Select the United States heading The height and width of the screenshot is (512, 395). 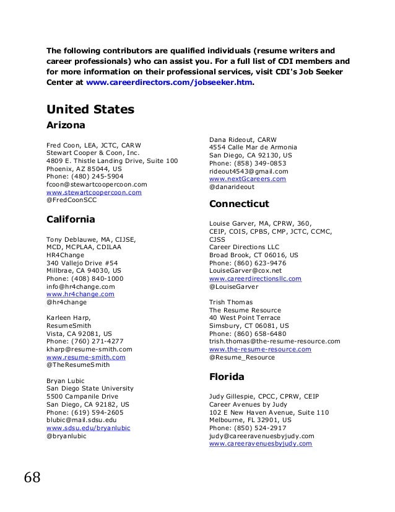[x=90, y=110]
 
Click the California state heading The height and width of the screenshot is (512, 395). [x=71, y=219]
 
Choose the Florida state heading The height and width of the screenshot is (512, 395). [x=227, y=376]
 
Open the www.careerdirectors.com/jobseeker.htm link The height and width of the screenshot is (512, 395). [x=170, y=82]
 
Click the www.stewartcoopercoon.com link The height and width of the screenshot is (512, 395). [x=94, y=193]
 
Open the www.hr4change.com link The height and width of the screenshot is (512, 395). [x=80, y=294]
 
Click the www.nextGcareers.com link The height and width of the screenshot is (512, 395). [x=248, y=179]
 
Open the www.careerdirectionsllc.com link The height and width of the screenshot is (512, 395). [x=255, y=279]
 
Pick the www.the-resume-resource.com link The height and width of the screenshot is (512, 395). [x=259, y=350]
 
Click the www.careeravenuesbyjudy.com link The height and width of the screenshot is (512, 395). [x=261, y=444]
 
